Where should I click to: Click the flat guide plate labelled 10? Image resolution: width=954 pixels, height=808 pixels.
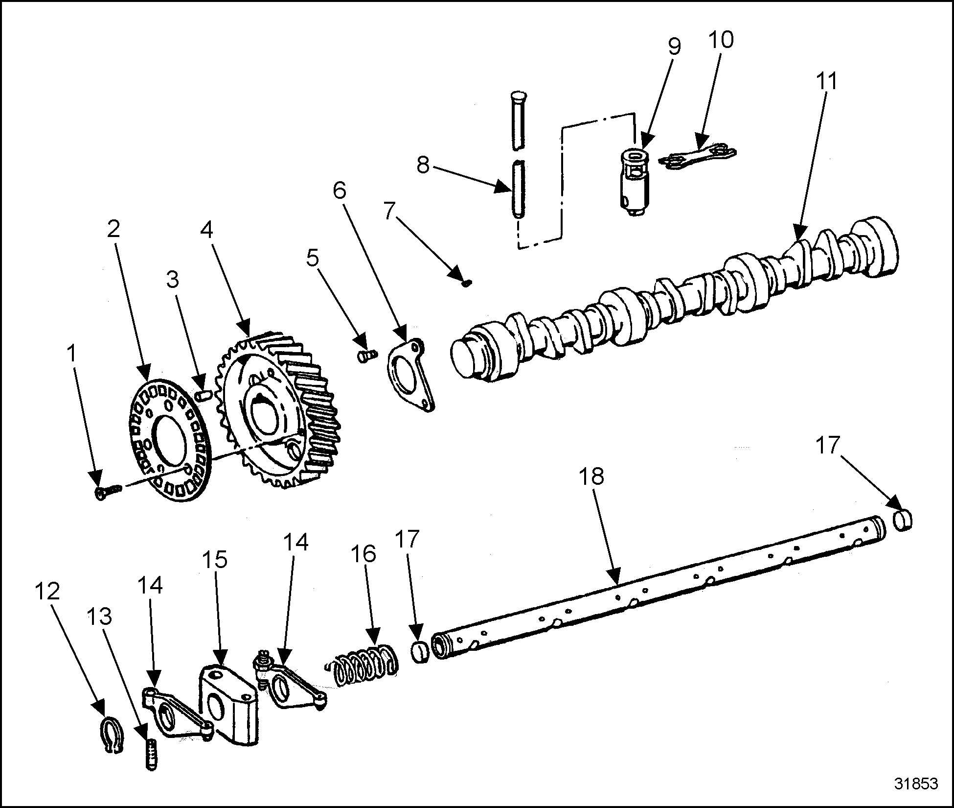point(698,155)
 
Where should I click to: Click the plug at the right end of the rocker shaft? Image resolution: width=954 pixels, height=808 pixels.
point(903,520)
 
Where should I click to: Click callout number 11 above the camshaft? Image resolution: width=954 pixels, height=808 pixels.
point(827,81)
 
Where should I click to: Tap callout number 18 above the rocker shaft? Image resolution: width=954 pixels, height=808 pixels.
point(592,476)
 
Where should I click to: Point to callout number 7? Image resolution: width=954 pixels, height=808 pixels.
point(389,212)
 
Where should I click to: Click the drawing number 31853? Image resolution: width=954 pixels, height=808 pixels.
point(916,783)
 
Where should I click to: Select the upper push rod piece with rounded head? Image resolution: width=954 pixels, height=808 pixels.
point(518,119)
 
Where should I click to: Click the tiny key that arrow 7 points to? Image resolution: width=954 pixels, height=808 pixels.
point(467,283)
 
